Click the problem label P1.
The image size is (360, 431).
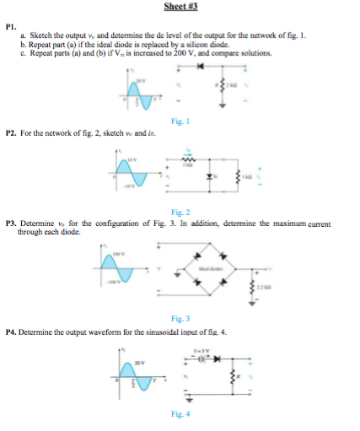click(x=10, y=25)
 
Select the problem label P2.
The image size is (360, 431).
click(x=11, y=132)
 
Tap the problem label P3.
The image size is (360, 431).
click(x=11, y=224)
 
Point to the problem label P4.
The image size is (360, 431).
click(x=11, y=332)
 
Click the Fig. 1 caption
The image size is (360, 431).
click(x=179, y=121)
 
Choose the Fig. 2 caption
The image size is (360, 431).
click(x=179, y=212)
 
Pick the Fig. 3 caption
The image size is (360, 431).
click(x=179, y=320)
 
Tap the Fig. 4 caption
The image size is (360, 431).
click(x=179, y=414)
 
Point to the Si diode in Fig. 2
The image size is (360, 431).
click(x=214, y=179)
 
